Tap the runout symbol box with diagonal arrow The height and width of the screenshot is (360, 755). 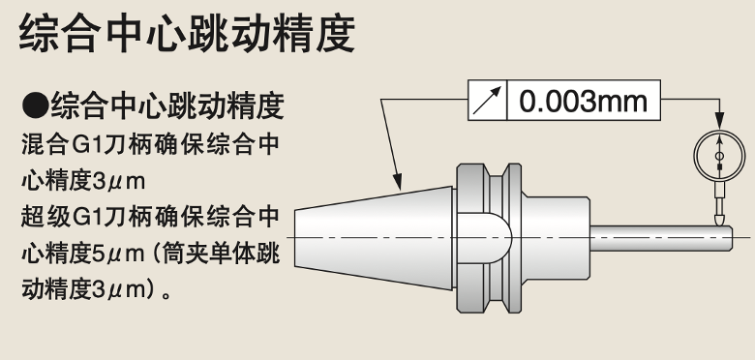pyautogui.click(x=488, y=101)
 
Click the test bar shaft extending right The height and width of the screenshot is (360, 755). pyautogui.click(x=668, y=237)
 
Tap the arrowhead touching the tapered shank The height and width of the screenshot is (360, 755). pyautogui.click(x=398, y=183)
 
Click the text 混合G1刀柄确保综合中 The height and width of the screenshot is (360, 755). pyautogui.click(x=150, y=146)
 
